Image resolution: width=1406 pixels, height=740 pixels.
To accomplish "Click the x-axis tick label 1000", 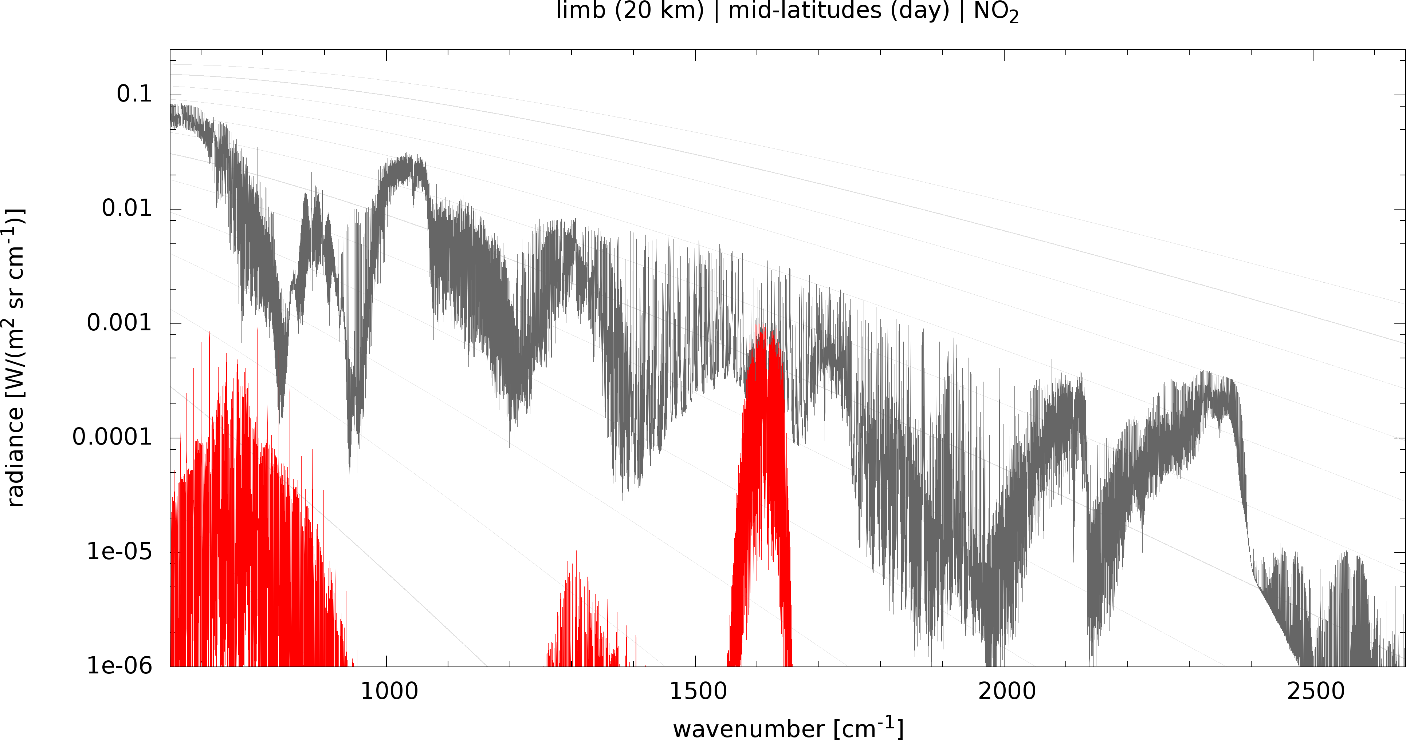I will click(x=389, y=692).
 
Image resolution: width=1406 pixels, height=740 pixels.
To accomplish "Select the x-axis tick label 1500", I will click(x=698, y=692).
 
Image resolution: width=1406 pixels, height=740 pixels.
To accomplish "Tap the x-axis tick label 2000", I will click(x=1006, y=692).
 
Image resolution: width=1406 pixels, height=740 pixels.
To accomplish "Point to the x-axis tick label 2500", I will click(x=1315, y=692).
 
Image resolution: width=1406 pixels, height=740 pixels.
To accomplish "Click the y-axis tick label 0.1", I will click(x=134, y=94).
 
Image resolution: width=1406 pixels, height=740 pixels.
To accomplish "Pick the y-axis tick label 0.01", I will click(x=127, y=208).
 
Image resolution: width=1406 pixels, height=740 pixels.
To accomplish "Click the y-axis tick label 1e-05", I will click(x=119, y=552).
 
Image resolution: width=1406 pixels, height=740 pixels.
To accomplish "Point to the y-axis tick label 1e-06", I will click(x=119, y=666).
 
